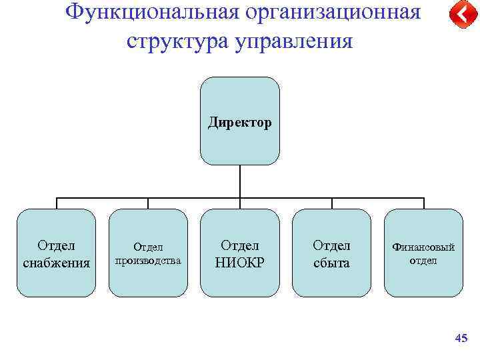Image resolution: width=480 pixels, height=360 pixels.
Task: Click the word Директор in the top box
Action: pyautogui.click(x=240, y=123)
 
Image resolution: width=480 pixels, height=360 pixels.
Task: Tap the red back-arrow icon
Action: pyautogui.click(x=459, y=15)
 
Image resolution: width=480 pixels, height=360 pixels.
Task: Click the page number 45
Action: pyautogui.click(x=461, y=339)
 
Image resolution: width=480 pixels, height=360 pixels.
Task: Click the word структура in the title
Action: pyautogui.click(x=176, y=41)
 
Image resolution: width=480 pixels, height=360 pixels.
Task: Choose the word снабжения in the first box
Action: pyautogui.click(x=57, y=262)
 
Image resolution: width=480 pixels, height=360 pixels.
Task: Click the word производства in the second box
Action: pyautogui.click(x=148, y=260)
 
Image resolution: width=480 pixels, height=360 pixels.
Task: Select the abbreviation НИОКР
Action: pyautogui.click(x=240, y=262)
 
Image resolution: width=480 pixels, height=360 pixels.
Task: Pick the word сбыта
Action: pyautogui.click(x=331, y=262)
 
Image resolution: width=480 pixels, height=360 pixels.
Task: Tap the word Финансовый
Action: pyautogui.click(x=423, y=247)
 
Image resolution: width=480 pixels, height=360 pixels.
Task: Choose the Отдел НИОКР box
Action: pyautogui.click(x=240, y=280)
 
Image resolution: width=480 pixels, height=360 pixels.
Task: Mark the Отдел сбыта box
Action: pyautogui.click(x=331, y=280)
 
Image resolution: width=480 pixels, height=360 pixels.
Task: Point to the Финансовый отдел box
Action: pyautogui.click(x=423, y=280)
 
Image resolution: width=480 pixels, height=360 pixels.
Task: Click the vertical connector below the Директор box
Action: pyautogui.click(x=240, y=181)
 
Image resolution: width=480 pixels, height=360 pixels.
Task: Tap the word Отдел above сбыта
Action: pyautogui.click(x=331, y=245)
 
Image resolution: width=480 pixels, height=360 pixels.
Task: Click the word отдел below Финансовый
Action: pyautogui.click(x=423, y=260)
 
